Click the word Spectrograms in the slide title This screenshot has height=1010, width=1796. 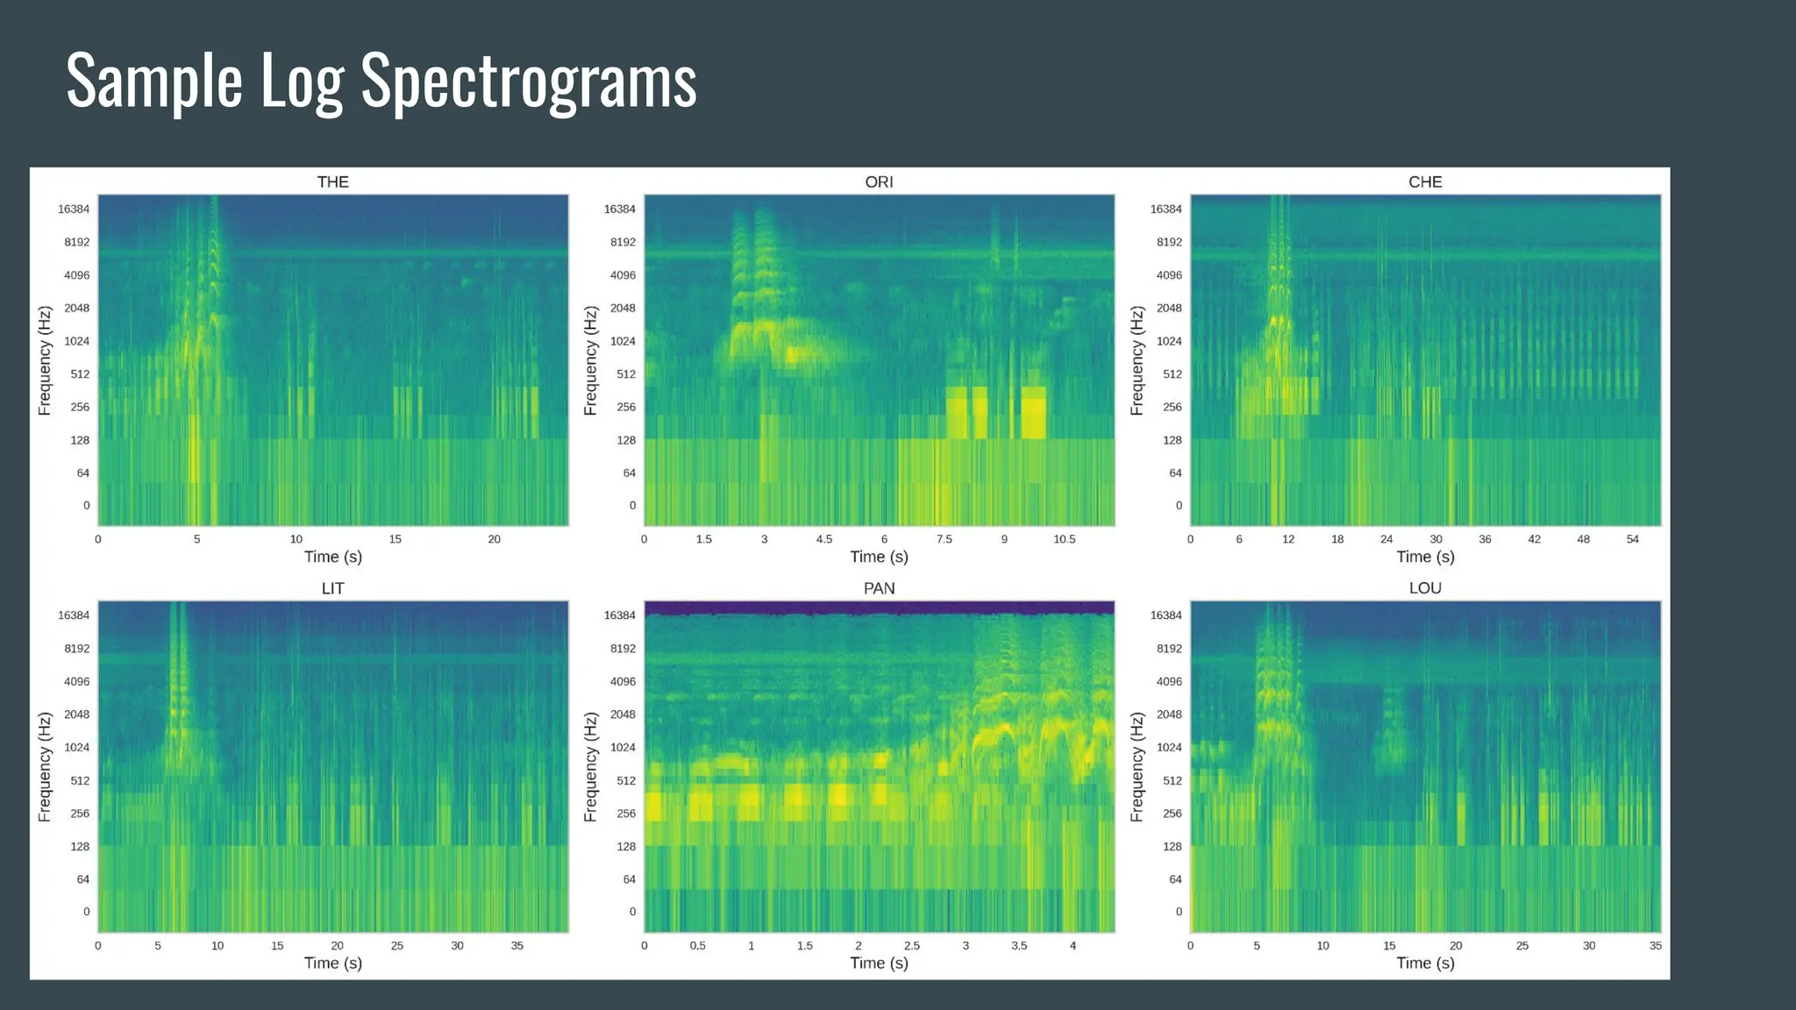pos(529,82)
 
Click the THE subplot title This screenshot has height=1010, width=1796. pos(332,182)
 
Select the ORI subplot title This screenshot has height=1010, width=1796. pos(879,182)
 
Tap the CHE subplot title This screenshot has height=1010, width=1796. pos(1425,182)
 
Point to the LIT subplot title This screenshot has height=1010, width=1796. pos(332,588)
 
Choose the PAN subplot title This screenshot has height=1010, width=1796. pos(879,588)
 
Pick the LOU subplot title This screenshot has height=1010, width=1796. pos(1425,588)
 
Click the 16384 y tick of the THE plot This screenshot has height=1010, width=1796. pos(74,209)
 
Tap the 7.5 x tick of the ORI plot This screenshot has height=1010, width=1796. pos(944,539)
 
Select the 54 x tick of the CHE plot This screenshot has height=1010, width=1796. pos(1632,539)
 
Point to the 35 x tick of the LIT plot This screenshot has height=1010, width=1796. pos(517,946)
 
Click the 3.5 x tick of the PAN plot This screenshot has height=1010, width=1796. pos(1019,946)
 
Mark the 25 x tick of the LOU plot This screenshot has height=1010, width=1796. pos(1522,946)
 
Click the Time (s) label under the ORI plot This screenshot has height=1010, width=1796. pos(879,557)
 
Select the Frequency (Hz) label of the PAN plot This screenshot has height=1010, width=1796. pos(590,767)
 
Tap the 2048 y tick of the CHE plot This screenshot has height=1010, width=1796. pos(1169,308)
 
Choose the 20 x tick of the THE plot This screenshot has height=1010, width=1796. pos(494,539)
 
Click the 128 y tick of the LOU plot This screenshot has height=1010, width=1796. pos(1172,847)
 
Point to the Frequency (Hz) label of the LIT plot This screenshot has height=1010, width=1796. pos(45,767)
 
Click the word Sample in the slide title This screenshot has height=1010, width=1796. pos(154,82)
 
